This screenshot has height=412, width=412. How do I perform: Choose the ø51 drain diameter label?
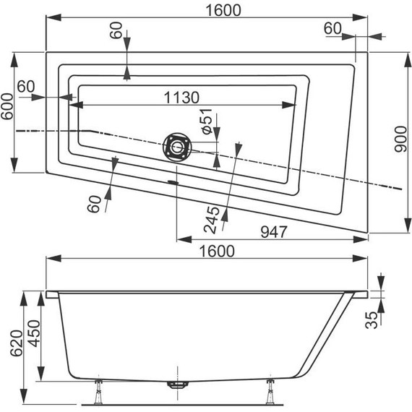coord(208,121)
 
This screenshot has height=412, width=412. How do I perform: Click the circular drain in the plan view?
coord(176,147)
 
